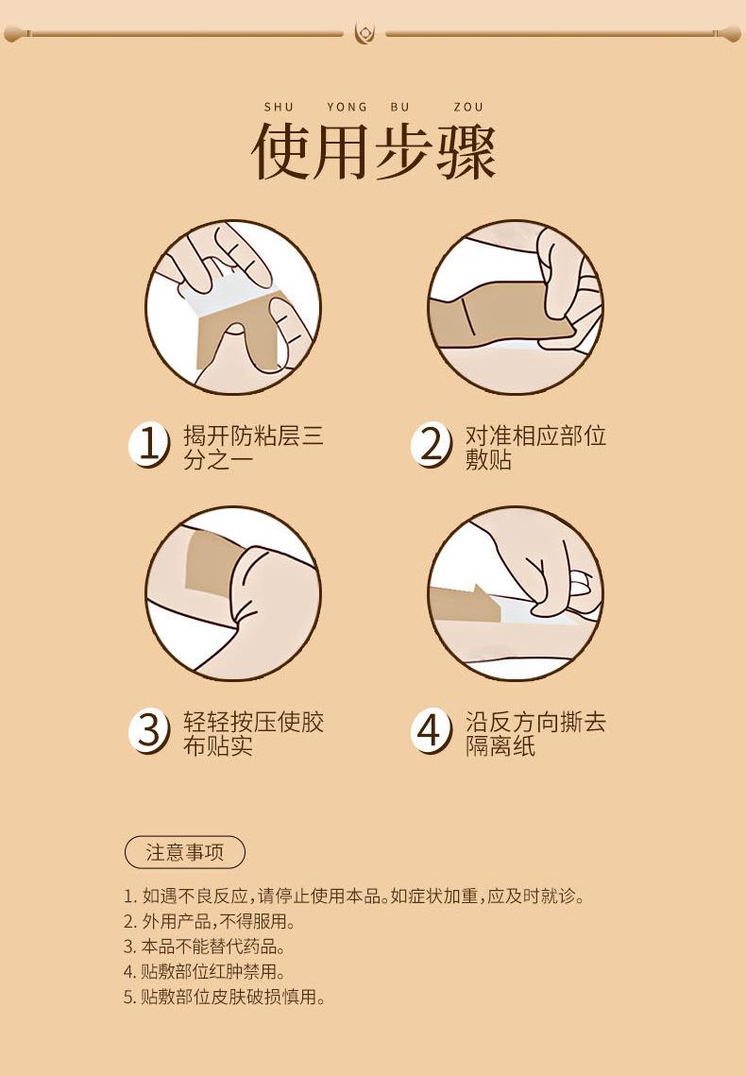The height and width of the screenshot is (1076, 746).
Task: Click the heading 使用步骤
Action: click(374, 152)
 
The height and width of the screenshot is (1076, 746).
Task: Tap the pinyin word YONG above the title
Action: click(347, 107)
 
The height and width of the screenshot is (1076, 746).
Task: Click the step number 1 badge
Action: click(149, 444)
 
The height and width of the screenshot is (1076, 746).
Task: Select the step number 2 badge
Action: click(432, 444)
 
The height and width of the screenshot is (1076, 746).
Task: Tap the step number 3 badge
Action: click(149, 730)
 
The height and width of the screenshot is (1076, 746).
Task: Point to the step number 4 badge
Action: click(432, 730)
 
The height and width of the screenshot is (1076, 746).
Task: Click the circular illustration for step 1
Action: click(233, 307)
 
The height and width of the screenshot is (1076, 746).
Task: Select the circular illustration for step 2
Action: click(516, 307)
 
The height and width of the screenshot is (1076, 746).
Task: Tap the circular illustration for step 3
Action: click(233, 593)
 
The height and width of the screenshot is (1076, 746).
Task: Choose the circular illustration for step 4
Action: click(516, 593)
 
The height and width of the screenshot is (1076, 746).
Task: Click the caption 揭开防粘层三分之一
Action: click(253, 447)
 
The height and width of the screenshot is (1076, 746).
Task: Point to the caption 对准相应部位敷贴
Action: click(535, 447)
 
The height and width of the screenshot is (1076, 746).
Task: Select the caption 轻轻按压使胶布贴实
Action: click(253, 733)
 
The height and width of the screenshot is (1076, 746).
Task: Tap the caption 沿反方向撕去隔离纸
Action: click(535, 733)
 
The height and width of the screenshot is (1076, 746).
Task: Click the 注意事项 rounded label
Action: click(185, 852)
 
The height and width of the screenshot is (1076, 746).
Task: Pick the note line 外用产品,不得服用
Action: click(210, 921)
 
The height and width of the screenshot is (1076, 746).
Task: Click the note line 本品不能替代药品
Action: click(204, 947)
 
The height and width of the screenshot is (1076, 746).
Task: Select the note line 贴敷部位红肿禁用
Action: click(204, 972)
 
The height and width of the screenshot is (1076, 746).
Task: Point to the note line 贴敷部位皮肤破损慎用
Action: click(224, 997)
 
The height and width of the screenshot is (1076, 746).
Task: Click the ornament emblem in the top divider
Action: click(365, 33)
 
